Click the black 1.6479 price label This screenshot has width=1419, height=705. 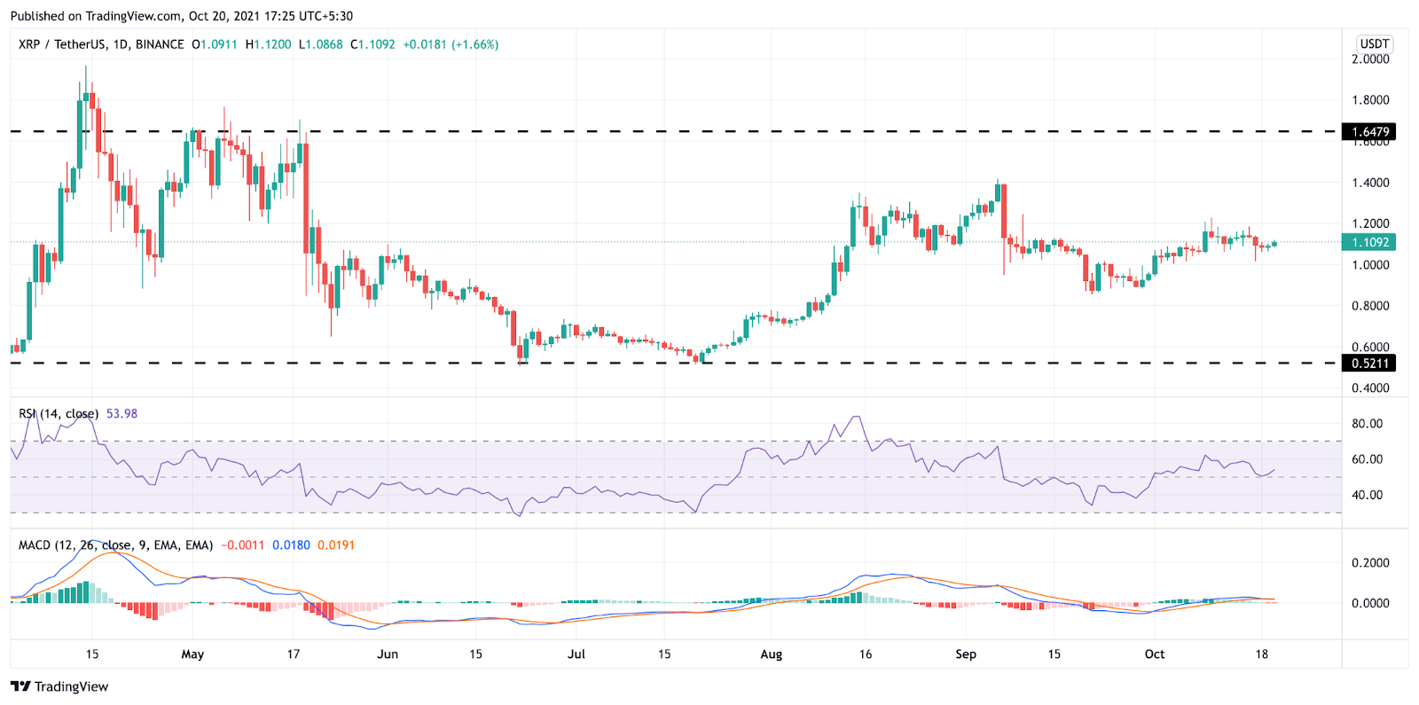[1370, 132]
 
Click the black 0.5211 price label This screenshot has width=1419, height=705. [1370, 363]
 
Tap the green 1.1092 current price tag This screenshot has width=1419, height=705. [1370, 242]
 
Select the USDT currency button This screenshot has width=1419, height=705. [1374, 44]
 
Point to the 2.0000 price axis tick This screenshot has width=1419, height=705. [1370, 59]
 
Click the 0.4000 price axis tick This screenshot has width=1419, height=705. [1370, 388]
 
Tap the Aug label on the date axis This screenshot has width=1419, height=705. [772, 654]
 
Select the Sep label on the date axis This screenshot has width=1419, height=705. [966, 654]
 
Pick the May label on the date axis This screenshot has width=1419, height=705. [192, 654]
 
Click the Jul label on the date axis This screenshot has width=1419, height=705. [576, 654]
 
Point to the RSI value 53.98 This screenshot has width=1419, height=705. [122, 414]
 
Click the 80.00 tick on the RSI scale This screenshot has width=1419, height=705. [1367, 424]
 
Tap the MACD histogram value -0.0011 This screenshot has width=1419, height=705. [242, 545]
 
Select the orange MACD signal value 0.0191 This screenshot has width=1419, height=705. [336, 545]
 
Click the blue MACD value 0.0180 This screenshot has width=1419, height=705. [291, 545]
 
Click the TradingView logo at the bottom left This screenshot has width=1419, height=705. [59, 686]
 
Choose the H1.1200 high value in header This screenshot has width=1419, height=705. [268, 44]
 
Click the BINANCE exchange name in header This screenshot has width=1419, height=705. [160, 44]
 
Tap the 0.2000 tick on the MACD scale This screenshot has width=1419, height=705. [1370, 563]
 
